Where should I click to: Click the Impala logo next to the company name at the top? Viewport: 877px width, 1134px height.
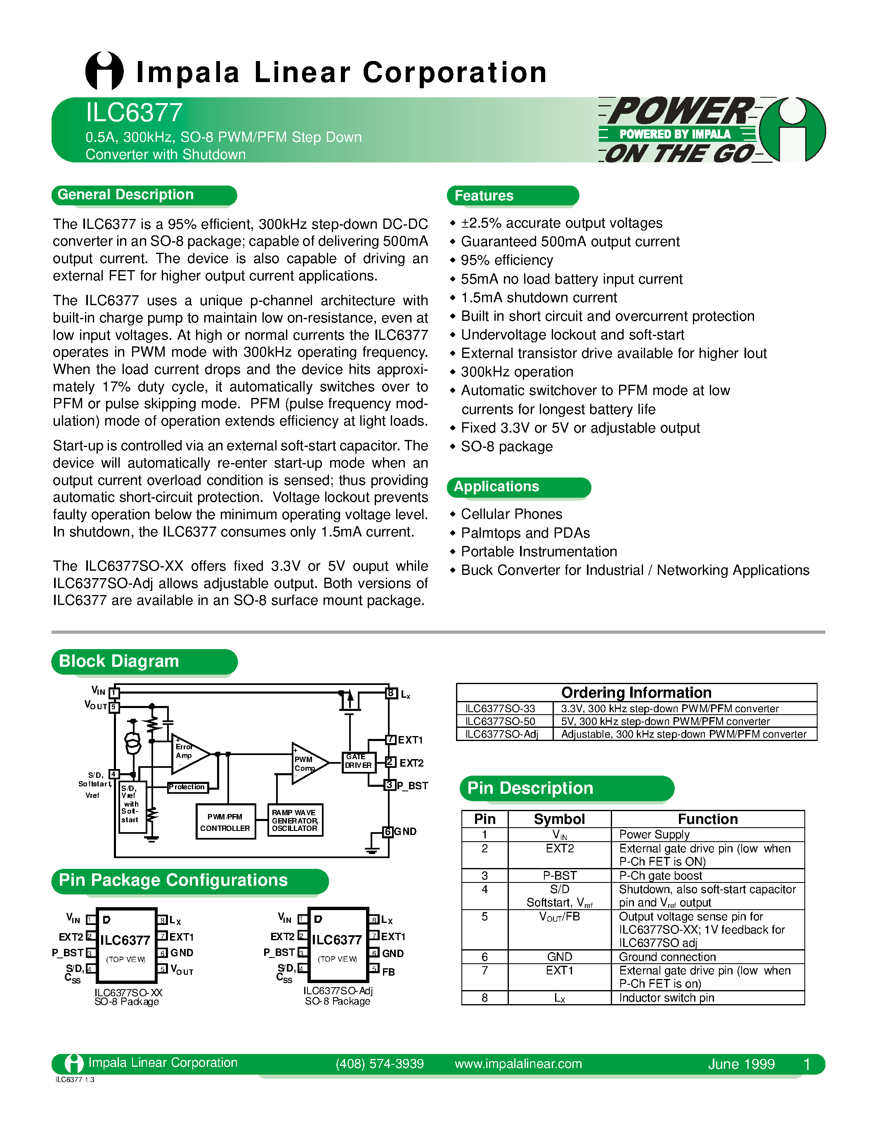coord(104,71)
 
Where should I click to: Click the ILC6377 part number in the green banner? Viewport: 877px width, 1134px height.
coord(134,113)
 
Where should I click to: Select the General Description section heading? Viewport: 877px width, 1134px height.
coord(126,195)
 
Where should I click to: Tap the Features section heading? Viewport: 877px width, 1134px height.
coord(484,196)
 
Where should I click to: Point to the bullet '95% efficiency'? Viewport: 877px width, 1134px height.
coord(506,260)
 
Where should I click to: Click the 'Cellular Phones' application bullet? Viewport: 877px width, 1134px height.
coord(511,514)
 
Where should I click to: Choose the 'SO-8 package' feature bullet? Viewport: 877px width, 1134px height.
coord(506,447)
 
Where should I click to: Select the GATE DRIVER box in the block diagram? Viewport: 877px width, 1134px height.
coord(359,761)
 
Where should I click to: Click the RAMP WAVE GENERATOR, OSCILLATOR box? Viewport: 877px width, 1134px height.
coord(295,820)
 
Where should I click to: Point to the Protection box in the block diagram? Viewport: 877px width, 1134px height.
coord(187,787)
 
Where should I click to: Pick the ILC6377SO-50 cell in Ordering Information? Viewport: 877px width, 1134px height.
coord(500,721)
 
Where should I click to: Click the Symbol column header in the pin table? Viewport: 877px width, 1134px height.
coord(559,819)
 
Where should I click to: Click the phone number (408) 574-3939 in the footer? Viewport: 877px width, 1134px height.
coord(379,1064)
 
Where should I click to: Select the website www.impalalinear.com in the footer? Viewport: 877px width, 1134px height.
coord(518,1064)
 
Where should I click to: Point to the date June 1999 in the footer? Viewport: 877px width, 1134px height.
coord(741,1064)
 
